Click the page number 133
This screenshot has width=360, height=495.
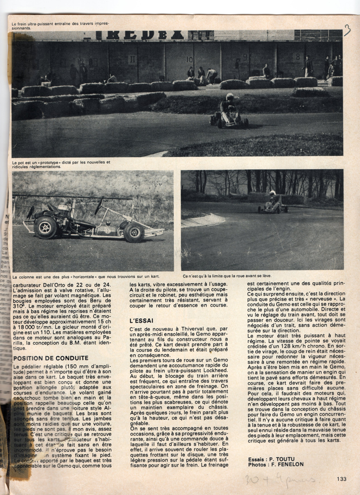[x=341, y=479]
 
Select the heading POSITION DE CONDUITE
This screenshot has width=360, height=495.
[x=51, y=358]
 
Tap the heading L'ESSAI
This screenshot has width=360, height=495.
[x=141, y=321]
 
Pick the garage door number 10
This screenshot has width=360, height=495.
[x=189, y=60]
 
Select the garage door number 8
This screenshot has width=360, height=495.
[x=298, y=57]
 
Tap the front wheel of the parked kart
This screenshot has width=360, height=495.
[x=134, y=232]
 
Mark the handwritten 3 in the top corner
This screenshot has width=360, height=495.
[x=347, y=31]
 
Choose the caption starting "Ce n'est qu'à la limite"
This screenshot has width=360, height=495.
[x=227, y=276]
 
